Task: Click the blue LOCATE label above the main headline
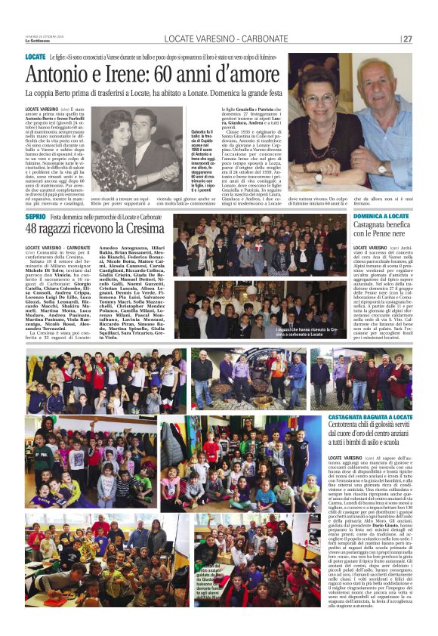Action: (x=35, y=57)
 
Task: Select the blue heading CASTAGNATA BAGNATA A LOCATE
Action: (x=370, y=418)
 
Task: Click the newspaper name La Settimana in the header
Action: (x=35, y=41)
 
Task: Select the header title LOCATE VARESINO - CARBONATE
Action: (x=218, y=39)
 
